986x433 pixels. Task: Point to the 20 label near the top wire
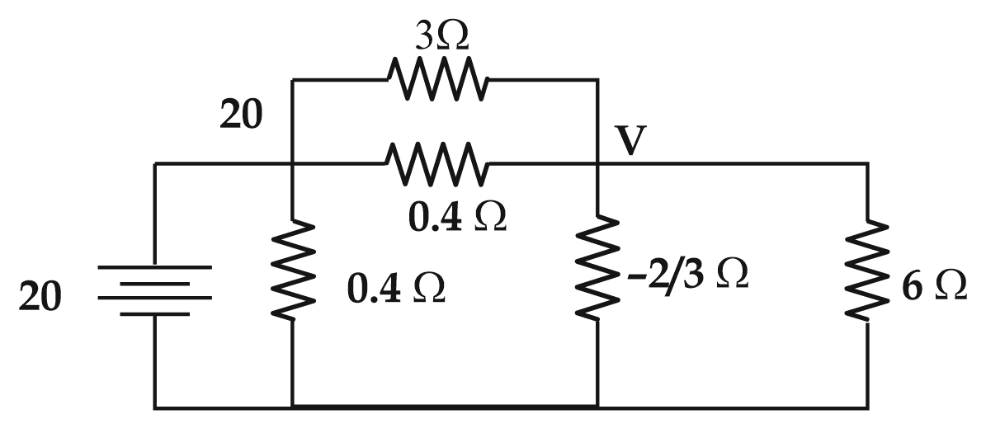coord(241,116)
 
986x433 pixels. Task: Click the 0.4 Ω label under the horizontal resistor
coord(457,216)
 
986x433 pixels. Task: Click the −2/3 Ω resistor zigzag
coord(597,268)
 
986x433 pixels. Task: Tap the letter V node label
coord(631,142)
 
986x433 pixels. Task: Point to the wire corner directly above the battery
coord(155,163)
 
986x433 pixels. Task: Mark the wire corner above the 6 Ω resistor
coord(867,163)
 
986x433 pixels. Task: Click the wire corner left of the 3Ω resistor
coord(293,80)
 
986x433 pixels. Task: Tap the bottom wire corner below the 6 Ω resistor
coord(867,406)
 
